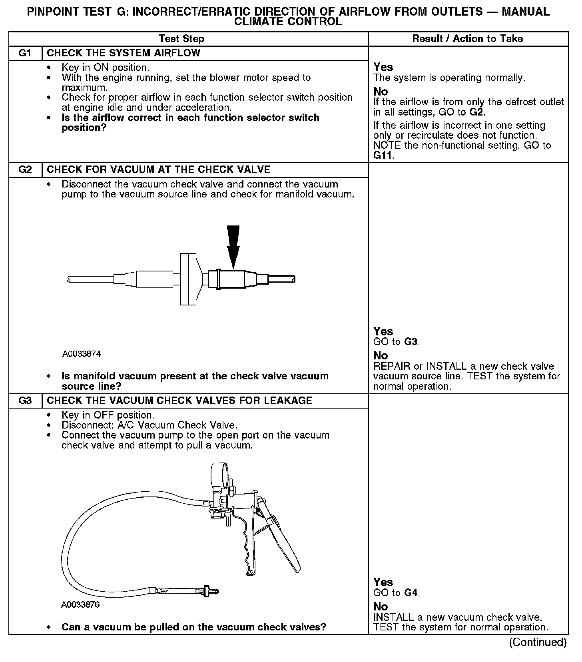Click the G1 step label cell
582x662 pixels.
tap(25, 53)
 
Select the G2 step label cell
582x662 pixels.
tap(25, 170)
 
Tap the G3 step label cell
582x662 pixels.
tap(25, 401)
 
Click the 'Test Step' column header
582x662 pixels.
tap(181, 39)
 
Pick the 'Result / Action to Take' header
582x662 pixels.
tap(467, 39)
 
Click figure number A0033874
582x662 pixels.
tap(82, 354)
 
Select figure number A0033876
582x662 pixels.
tap(80, 604)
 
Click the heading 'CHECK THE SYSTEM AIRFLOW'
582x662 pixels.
tap(124, 53)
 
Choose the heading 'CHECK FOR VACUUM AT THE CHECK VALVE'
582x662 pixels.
tap(158, 170)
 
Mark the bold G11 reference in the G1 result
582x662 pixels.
tap(383, 156)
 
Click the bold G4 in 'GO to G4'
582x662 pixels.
tap(411, 592)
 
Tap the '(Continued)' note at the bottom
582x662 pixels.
tap(538, 642)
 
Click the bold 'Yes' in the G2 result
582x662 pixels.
tap(383, 331)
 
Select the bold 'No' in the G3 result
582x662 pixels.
tap(381, 606)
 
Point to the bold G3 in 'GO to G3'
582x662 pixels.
tap(411, 342)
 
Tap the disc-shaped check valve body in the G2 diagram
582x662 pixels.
tap(188, 279)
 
